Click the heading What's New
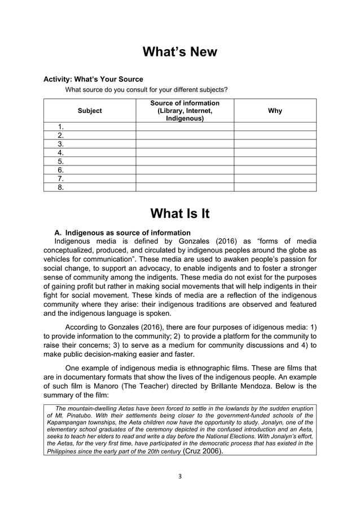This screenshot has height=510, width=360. click(179, 52)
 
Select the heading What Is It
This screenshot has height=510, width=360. click(179, 213)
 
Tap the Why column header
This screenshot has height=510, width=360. click(275, 111)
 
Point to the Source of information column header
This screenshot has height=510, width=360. click(185, 111)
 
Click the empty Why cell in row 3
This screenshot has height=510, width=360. click(275, 144)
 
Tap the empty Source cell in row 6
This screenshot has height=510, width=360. click(185, 169)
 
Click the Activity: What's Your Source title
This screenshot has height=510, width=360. click(93, 79)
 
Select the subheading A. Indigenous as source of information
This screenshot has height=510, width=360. click(122, 233)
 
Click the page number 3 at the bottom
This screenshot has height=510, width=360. click(180, 476)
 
